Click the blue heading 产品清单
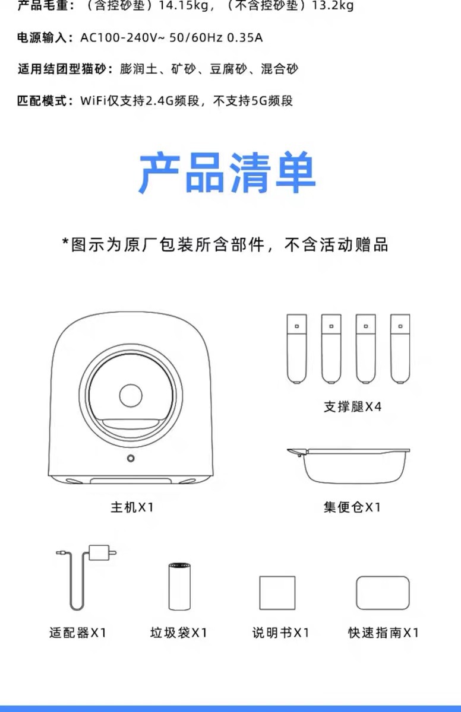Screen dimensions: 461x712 point(228,173)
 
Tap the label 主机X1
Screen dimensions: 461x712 point(132,507)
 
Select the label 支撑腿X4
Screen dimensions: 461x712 point(352,407)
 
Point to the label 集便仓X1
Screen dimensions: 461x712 point(352,507)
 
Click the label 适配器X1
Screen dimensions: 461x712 point(77,632)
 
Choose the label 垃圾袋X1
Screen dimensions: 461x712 point(179,632)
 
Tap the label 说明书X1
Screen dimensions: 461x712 point(280,632)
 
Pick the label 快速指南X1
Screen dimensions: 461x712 point(384,632)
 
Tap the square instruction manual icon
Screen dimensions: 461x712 point(277,593)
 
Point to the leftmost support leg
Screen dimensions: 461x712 point(296,348)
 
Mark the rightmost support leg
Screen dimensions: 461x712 point(400,348)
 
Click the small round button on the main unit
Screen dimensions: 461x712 point(131,458)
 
